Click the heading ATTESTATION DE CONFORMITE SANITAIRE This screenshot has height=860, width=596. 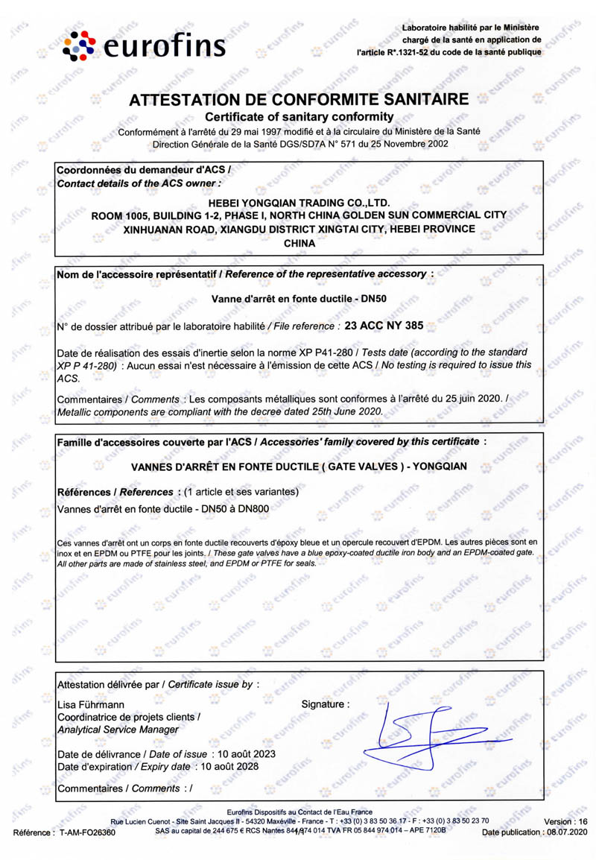299,101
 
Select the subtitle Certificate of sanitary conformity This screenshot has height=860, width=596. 298,118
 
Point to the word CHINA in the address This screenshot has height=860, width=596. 299,243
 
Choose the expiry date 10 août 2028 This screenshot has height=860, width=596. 226,766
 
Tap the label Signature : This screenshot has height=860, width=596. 325,704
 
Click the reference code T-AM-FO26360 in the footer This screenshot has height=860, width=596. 84,832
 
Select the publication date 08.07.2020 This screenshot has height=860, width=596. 567,832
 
